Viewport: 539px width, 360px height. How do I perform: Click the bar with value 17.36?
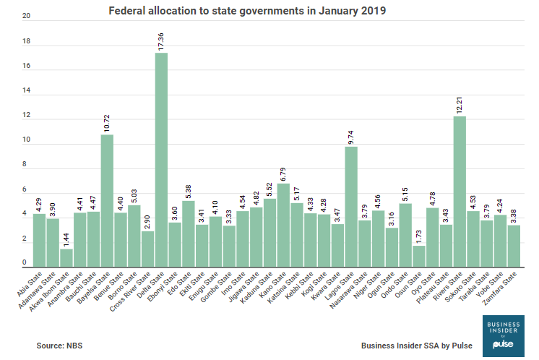(x=161, y=159)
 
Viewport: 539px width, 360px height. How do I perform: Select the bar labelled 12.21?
(x=460, y=191)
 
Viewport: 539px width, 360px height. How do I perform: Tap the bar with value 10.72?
(x=107, y=200)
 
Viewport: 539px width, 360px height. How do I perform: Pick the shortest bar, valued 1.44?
(x=66, y=257)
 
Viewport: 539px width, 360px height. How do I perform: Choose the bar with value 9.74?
(x=351, y=205)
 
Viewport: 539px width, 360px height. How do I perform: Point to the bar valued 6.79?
(x=283, y=224)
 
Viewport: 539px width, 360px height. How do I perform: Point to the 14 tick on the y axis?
(x=27, y=91)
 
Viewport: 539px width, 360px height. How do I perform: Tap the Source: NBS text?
(x=60, y=346)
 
